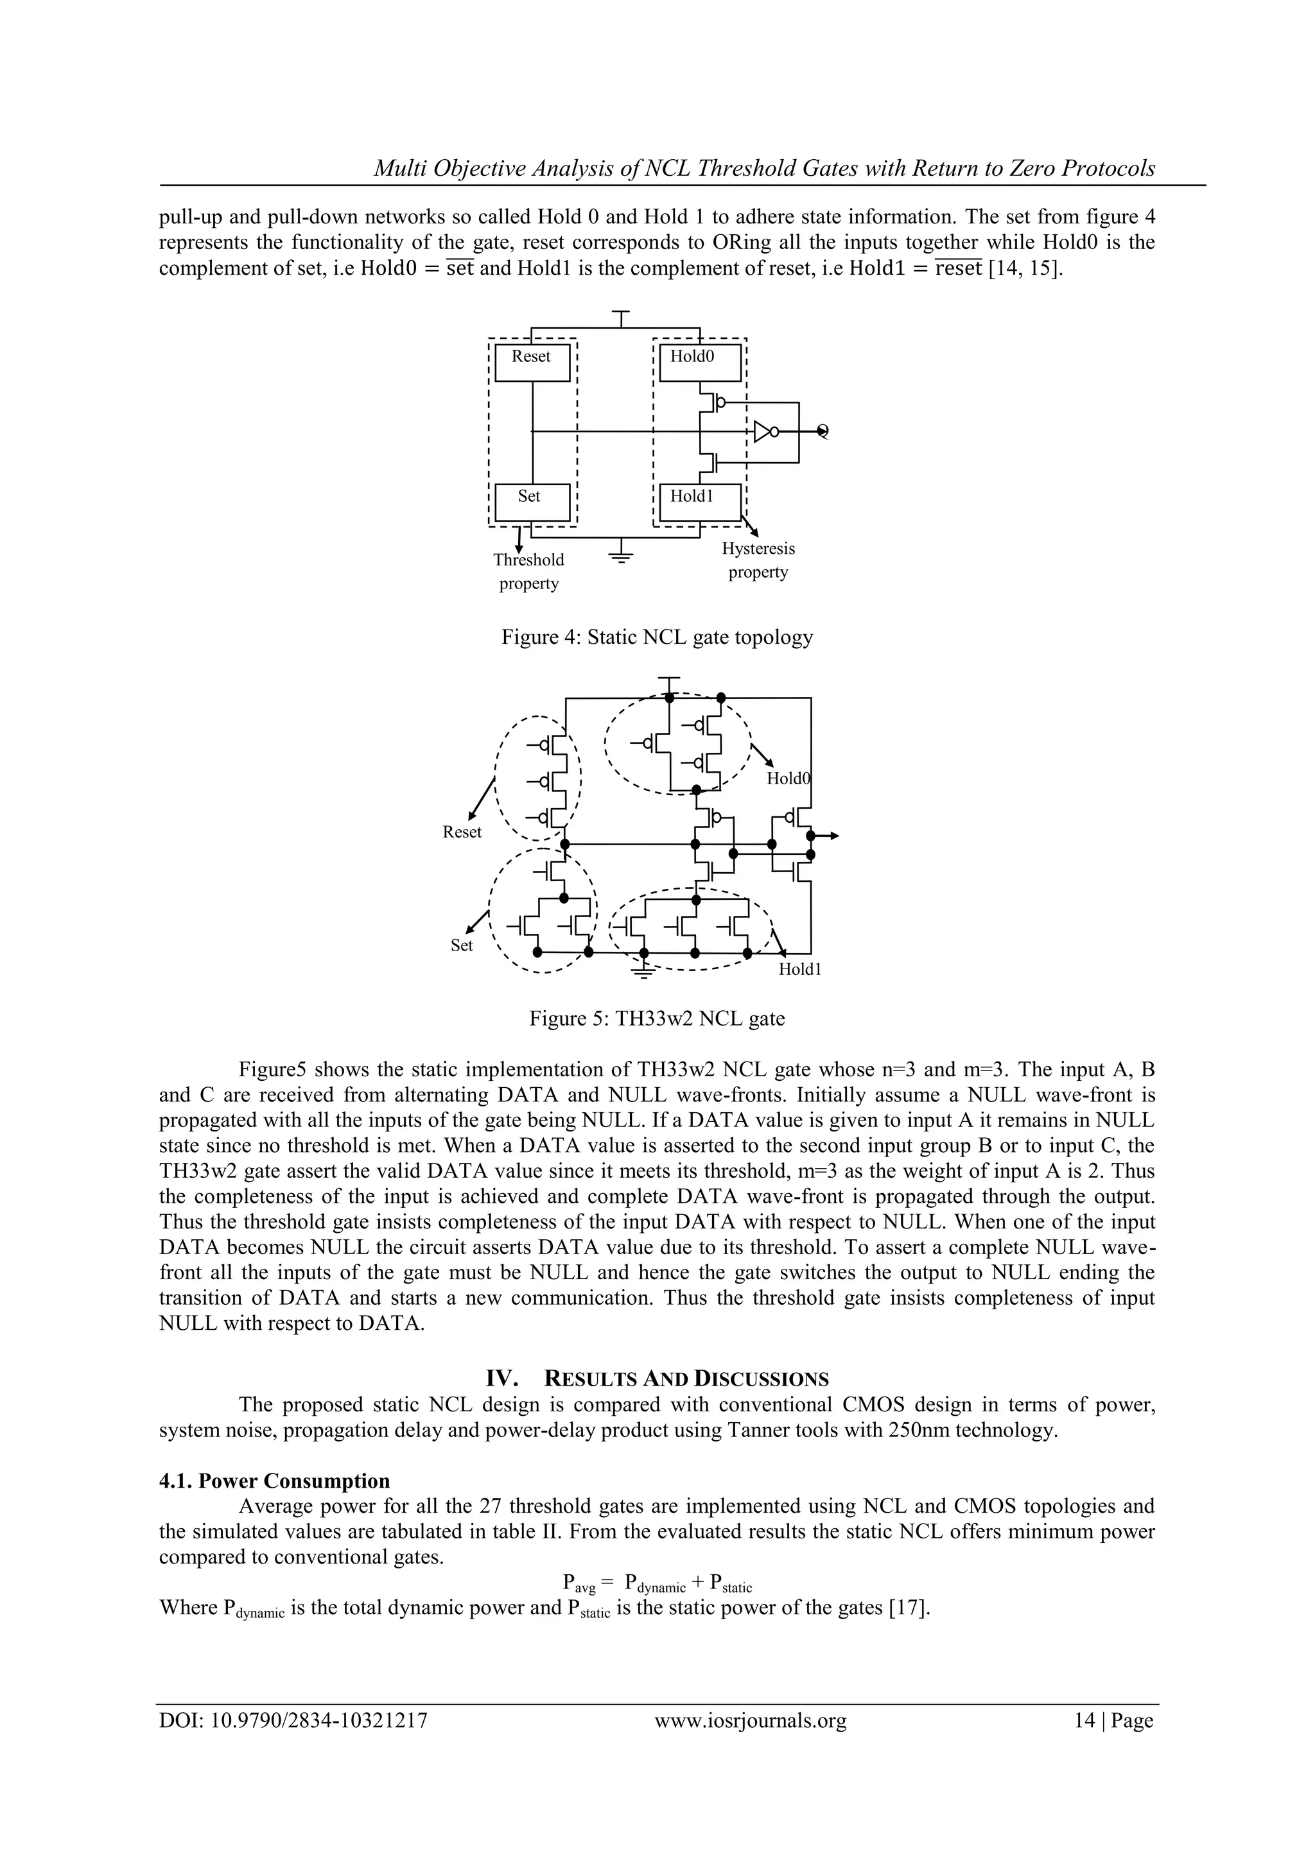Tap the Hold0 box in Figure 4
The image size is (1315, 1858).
pos(700,362)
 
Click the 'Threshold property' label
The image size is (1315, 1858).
pos(528,571)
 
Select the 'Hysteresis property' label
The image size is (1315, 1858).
pos(758,560)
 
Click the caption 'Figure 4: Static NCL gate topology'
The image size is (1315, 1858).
pos(657,638)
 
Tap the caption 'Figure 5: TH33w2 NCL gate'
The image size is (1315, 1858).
pos(657,1018)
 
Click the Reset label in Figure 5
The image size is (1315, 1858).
pos(462,832)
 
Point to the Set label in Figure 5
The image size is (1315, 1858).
pos(462,945)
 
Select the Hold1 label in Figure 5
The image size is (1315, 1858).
pos(799,970)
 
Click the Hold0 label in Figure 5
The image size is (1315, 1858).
pos(788,778)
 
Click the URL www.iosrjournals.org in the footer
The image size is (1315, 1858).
pos(750,1742)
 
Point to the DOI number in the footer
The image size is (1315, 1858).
pos(293,1742)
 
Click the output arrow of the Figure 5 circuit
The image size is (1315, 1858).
pos(831,835)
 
